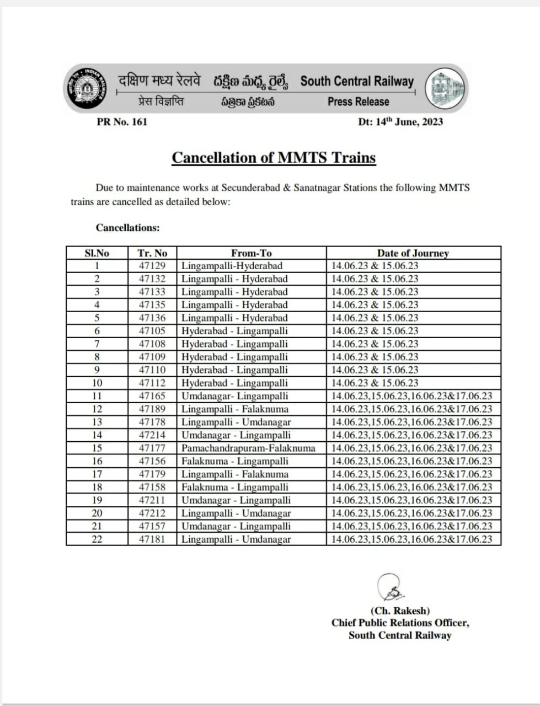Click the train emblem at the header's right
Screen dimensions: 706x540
pyautogui.click(x=445, y=88)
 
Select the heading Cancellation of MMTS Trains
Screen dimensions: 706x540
pyautogui.click(x=274, y=158)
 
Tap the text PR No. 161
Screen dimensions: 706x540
pyautogui.click(x=122, y=122)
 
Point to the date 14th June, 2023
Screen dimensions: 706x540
pyautogui.click(x=400, y=122)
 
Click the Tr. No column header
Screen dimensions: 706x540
pyautogui.click(x=152, y=253)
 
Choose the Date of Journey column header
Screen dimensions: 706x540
pyautogui.click(x=413, y=253)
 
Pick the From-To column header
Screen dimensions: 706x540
pyautogui.click(x=251, y=253)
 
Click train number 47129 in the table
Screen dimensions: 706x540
pyautogui.click(x=152, y=266)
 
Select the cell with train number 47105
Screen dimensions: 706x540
pyautogui.click(x=152, y=331)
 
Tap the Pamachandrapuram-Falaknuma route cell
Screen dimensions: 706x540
pyautogui.click(x=248, y=448)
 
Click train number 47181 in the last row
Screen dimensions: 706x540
pyautogui.click(x=152, y=539)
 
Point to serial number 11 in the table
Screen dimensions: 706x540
pyautogui.click(x=97, y=396)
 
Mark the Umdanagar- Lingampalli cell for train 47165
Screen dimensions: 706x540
pyautogui.click(x=235, y=396)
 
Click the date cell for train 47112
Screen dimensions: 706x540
pyautogui.click(x=375, y=383)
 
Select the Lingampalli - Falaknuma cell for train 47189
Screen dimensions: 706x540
pyautogui.click(x=235, y=409)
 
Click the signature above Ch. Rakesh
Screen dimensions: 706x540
pyautogui.click(x=392, y=588)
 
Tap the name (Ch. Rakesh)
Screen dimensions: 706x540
pyautogui.click(x=400, y=611)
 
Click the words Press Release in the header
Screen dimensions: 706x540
pyautogui.click(x=358, y=102)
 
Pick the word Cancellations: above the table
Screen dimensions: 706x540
pyautogui.click(x=127, y=228)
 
